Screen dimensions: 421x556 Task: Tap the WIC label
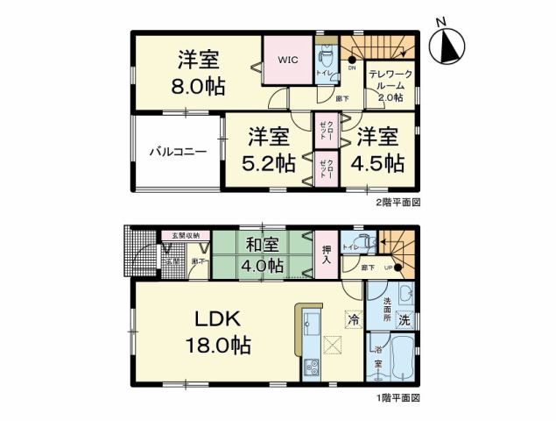pos(288,61)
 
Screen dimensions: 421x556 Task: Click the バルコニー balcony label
pos(177,152)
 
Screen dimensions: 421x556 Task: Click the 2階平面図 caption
pos(399,202)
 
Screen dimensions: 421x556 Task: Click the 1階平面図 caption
pos(399,397)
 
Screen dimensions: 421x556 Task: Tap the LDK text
pos(217,319)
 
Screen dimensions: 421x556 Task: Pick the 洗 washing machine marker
pos(405,319)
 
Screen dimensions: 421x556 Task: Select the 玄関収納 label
pos(185,235)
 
